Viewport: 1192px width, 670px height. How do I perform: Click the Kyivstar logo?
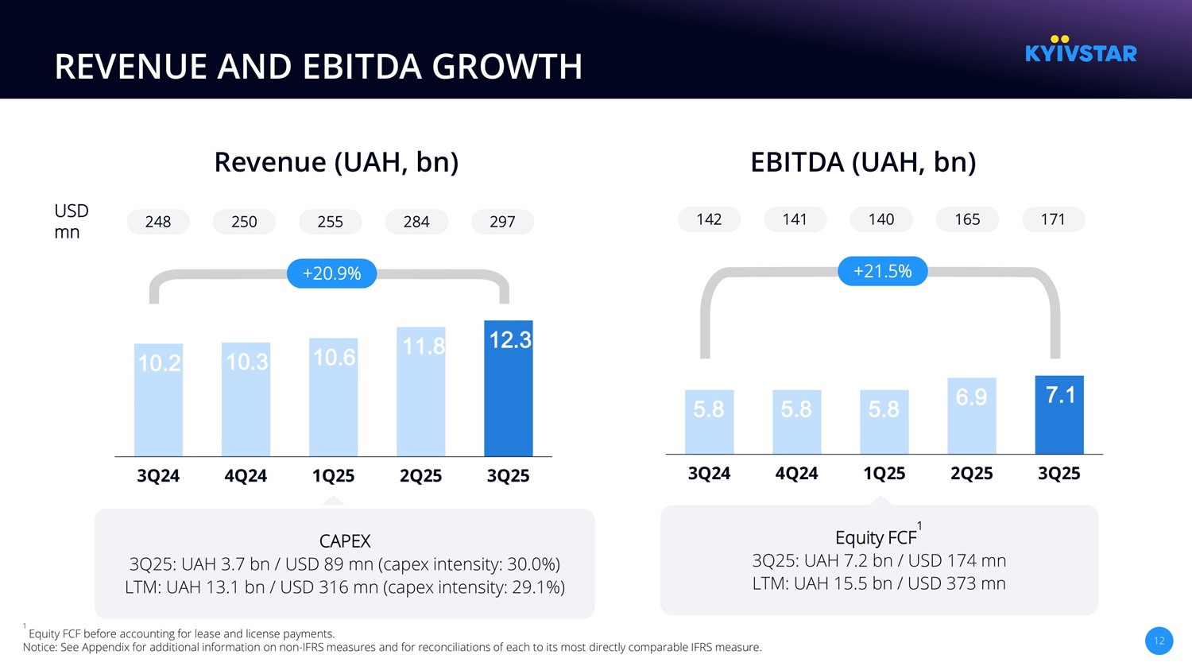1081,50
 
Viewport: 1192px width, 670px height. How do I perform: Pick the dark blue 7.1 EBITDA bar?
1059,415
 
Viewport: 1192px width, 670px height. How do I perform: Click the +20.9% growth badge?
331,273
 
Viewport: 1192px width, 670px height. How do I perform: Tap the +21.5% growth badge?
882,271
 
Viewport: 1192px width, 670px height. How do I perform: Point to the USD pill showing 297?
502,222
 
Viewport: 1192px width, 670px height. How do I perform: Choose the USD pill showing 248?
158,222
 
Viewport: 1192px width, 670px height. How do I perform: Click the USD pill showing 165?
967,219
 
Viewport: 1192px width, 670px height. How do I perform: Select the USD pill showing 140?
881,219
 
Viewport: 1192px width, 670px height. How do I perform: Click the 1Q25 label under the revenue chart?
333,475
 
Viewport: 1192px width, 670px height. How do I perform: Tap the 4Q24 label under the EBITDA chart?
796,473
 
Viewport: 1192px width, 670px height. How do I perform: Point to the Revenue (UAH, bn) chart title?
336,162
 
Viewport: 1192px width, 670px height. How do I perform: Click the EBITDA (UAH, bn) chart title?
863,162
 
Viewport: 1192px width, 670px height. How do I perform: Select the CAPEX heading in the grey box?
345,541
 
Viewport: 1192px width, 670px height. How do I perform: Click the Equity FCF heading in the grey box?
876,538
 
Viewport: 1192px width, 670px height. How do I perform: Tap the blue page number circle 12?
1159,641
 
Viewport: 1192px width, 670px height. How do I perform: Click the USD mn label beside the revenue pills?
71,221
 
